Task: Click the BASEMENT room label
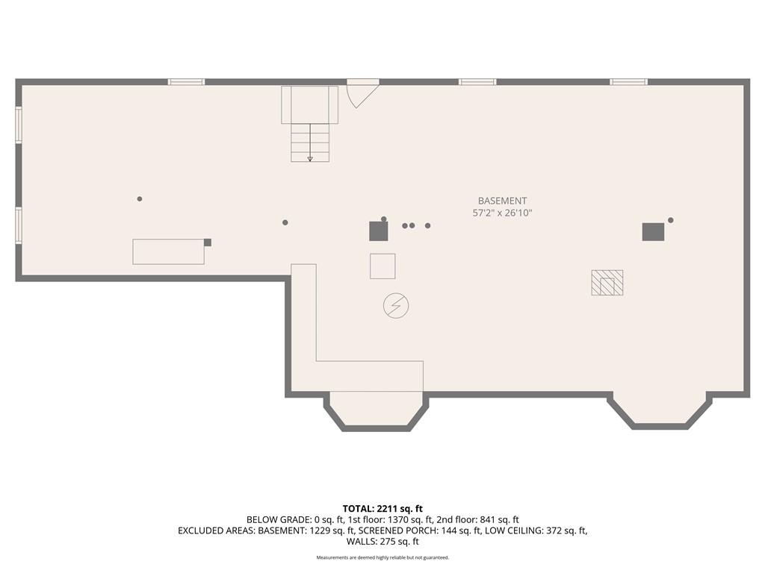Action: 502,201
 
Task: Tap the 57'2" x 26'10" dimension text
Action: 502,213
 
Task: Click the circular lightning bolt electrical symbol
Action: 396,306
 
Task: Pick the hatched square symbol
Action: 607,283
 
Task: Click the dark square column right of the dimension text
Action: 653,232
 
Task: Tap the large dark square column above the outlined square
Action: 378,231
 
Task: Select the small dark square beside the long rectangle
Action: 208,242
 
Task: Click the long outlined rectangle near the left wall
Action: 168,251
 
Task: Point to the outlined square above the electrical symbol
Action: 382,266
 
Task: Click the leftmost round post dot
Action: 140,199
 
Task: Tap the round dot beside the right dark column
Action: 671,220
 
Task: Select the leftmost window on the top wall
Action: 186,82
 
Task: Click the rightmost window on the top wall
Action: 628,82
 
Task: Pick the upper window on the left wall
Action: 19,124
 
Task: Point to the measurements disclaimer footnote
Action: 382,557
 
